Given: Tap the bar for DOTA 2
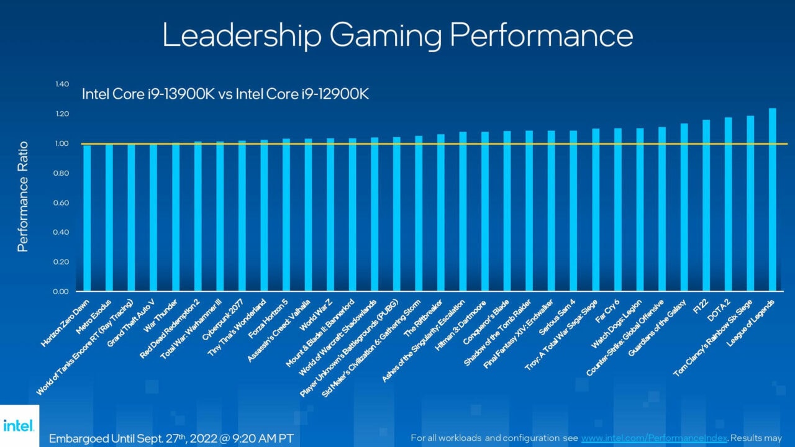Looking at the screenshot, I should click(728, 205).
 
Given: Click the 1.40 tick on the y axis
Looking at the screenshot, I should click(61, 84).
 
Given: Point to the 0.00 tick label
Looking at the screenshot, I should click(61, 291).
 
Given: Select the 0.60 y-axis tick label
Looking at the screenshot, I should click(61, 203).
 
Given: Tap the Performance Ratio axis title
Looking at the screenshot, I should click(23, 197).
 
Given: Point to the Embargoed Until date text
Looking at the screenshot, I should click(171, 437).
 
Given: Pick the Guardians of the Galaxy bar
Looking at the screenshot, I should click(684, 207).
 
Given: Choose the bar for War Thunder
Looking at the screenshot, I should click(176, 217).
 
